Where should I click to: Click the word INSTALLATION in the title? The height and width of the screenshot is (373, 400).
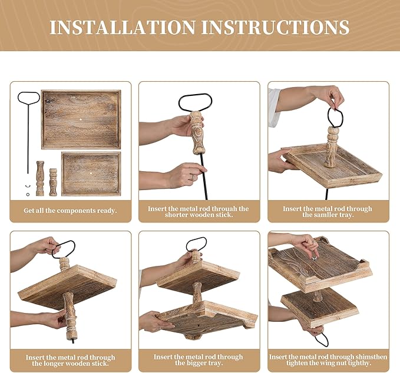(123, 27)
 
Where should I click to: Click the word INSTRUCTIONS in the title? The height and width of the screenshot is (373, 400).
(276, 27)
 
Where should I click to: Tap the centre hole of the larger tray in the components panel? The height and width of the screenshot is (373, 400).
(81, 119)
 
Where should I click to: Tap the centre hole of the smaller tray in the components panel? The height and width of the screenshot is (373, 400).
(91, 173)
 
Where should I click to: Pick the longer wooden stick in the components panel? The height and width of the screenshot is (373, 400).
(40, 178)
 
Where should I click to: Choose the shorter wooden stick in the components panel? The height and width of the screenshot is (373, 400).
(53, 182)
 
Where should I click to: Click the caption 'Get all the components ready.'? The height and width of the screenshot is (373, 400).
(70, 211)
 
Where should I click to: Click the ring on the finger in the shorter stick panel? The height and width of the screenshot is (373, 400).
(193, 177)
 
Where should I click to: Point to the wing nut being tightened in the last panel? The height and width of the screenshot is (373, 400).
(315, 259)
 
